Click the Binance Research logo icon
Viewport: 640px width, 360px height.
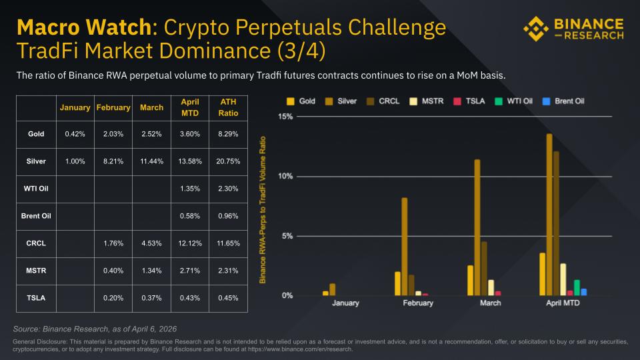pyautogui.click(x=537, y=28)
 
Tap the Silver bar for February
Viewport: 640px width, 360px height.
pyautogui.click(x=404, y=247)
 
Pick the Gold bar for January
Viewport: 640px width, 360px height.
pyautogui.click(x=325, y=293)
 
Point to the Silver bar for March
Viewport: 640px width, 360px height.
pyautogui.click(x=477, y=227)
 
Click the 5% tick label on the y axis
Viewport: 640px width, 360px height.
pyautogui.click(x=286, y=236)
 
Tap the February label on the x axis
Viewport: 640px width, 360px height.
pyautogui.click(x=417, y=303)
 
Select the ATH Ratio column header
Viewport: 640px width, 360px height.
pyautogui.click(x=228, y=107)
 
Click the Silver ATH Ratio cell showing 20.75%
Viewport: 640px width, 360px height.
pyautogui.click(x=228, y=161)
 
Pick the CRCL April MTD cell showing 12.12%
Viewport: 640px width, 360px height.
pyautogui.click(x=190, y=243)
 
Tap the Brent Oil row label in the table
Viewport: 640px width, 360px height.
pyautogui.click(x=36, y=216)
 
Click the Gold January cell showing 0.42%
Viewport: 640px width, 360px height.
pyautogui.click(x=75, y=134)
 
